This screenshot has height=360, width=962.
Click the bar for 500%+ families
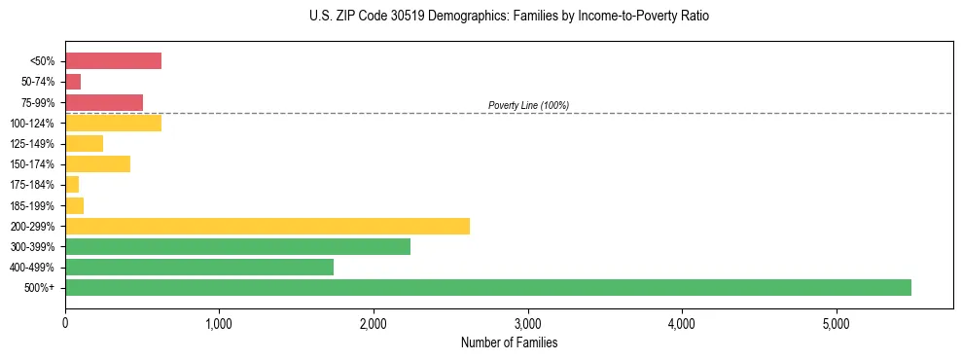pyautogui.click(x=487, y=287)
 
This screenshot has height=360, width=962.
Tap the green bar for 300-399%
pyautogui.click(x=237, y=246)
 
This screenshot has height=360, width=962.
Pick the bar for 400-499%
pyautogui.click(x=199, y=267)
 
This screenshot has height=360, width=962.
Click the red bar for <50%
pyautogui.click(x=113, y=61)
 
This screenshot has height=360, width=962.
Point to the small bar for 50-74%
pyautogui.click(x=73, y=82)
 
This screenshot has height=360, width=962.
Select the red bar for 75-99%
pyautogui.click(x=104, y=102)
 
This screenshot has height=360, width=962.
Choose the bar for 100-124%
pyautogui.click(x=113, y=123)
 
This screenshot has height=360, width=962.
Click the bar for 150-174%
pyautogui.click(x=97, y=164)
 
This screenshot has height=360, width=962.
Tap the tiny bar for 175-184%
pyautogui.click(x=72, y=185)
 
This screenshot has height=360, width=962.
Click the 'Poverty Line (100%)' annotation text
pyautogui.click(x=528, y=105)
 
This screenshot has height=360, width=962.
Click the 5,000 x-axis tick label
pyautogui.click(x=836, y=323)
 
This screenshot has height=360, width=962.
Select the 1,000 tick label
pyautogui.click(x=219, y=323)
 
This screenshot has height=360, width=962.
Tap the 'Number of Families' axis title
pyautogui.click(x=509, y=342)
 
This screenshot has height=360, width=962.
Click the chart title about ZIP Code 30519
pyautogui.click(x=509, y=17)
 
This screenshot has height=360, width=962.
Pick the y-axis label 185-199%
pyautogui.click(x=33, y=205)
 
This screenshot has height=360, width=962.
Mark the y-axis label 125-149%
pyautogui.click(x=33, y=144)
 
